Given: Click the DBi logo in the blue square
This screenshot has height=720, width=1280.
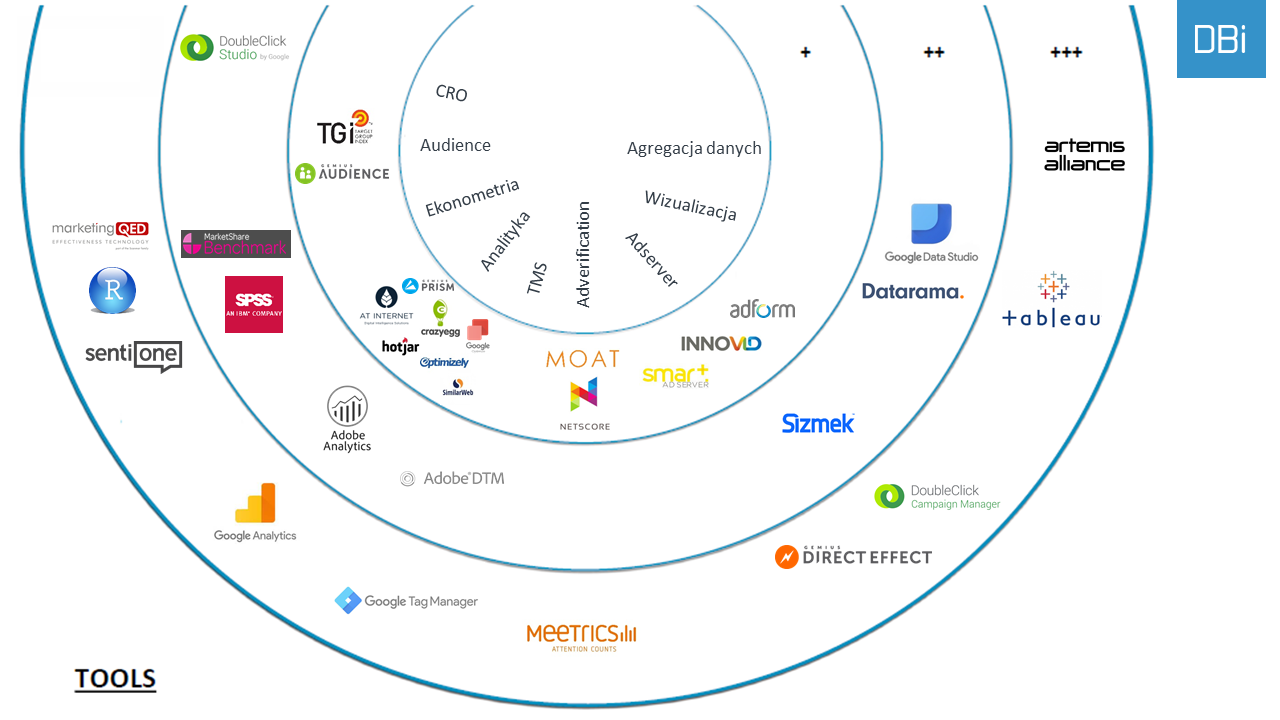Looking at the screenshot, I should tap(1220, 39).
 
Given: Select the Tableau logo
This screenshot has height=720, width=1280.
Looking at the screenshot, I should tap(1051, 300).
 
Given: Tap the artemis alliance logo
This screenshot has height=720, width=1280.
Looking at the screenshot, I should tap(1084, 155).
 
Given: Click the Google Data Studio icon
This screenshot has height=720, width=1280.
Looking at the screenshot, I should tap(931, 224).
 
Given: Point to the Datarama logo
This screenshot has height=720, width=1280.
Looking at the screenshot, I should tap(912, 292).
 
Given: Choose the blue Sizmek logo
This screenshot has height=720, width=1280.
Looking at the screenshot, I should tap(818, 423).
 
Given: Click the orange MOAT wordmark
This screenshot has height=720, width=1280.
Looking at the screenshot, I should tap(582, 359).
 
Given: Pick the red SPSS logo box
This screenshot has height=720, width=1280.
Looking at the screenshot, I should tap(254, 304).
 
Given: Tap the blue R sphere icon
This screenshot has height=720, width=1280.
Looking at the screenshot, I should tap(113, 291).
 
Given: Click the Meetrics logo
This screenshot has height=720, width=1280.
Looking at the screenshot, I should tap(581, 635).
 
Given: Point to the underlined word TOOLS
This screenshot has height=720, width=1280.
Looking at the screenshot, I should tap(115, 680).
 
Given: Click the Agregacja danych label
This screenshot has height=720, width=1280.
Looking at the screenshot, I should tap(694, 148).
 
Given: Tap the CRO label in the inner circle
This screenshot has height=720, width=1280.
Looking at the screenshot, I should tap(452, 93).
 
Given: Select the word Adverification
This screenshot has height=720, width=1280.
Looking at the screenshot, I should tap(584, 254).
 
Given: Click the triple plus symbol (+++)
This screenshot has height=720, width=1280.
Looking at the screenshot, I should tap(1066, 52).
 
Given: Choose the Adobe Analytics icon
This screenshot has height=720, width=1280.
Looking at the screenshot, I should tap(347, 407).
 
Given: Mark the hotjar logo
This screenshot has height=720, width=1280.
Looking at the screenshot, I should tap(400, 347).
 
